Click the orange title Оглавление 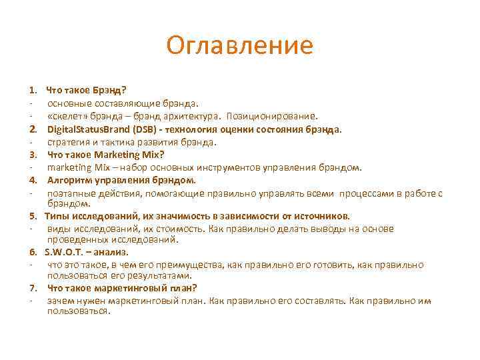click(239, 45)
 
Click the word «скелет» click(65, 115)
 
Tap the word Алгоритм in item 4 click(69, 180)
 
